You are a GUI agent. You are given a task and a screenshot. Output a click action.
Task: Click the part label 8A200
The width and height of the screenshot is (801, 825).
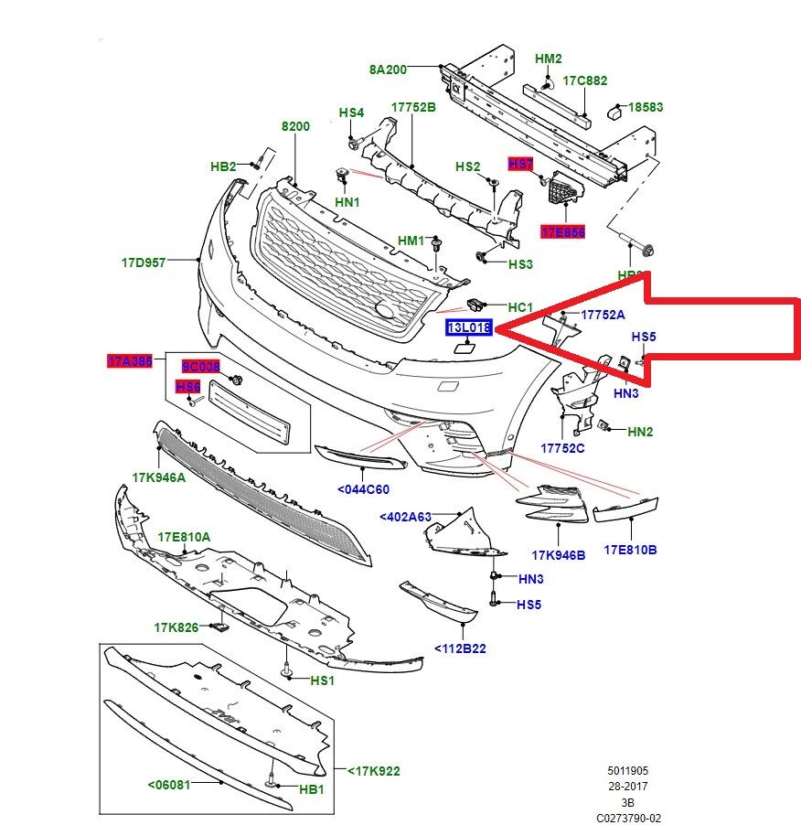click(x=388, y=69)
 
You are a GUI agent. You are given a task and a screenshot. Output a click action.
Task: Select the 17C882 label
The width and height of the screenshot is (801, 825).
click(x=585, y=80)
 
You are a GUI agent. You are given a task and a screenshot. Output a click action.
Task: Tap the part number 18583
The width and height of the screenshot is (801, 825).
click(x=645, y=107)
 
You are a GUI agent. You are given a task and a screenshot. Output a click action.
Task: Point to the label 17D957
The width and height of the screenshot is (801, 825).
click(x=144, y=262)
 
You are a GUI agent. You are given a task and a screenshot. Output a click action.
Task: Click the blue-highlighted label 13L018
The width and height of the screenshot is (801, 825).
click(x=469, y=327)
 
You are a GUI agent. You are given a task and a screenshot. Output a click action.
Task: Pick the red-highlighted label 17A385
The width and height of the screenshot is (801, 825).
click(x=130, y=361)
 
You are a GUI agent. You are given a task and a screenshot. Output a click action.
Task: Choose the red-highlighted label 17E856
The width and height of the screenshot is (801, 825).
click(x=562, y=232)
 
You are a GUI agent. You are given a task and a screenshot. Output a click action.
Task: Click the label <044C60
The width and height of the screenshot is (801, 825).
click(x=363, y=489)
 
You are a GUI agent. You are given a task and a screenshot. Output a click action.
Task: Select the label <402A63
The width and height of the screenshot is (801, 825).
click(x=405, y=517)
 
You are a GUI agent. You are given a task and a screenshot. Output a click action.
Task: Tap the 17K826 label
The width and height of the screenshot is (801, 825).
click(x=176, y=627)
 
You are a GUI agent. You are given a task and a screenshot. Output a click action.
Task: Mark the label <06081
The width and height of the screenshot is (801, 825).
click(x=169, y=784)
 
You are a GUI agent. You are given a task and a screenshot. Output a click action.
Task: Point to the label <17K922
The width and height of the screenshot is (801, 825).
click(x=373, y=771)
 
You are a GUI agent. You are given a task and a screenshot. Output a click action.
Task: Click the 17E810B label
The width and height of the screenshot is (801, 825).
click(x=630, y=550)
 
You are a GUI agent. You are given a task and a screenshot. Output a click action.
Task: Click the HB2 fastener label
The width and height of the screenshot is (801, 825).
click(x=223, y=166)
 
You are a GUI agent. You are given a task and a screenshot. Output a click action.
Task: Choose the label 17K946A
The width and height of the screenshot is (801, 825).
click(x=158, y=477)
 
